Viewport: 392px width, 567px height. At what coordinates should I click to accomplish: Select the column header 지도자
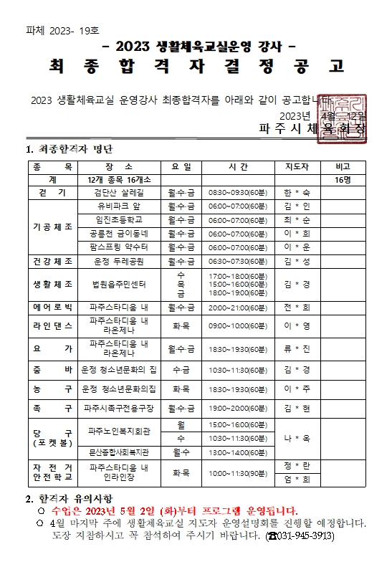pyautogui.click(x=297, y=166)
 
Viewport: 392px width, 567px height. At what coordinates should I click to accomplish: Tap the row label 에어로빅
pyautogui.click(x=52, y=308)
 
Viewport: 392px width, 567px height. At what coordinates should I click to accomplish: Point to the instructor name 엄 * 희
pyautogui.click(x=297, y=480)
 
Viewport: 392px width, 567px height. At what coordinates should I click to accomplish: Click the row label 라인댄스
pyautogui.click(x=52, y=325)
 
